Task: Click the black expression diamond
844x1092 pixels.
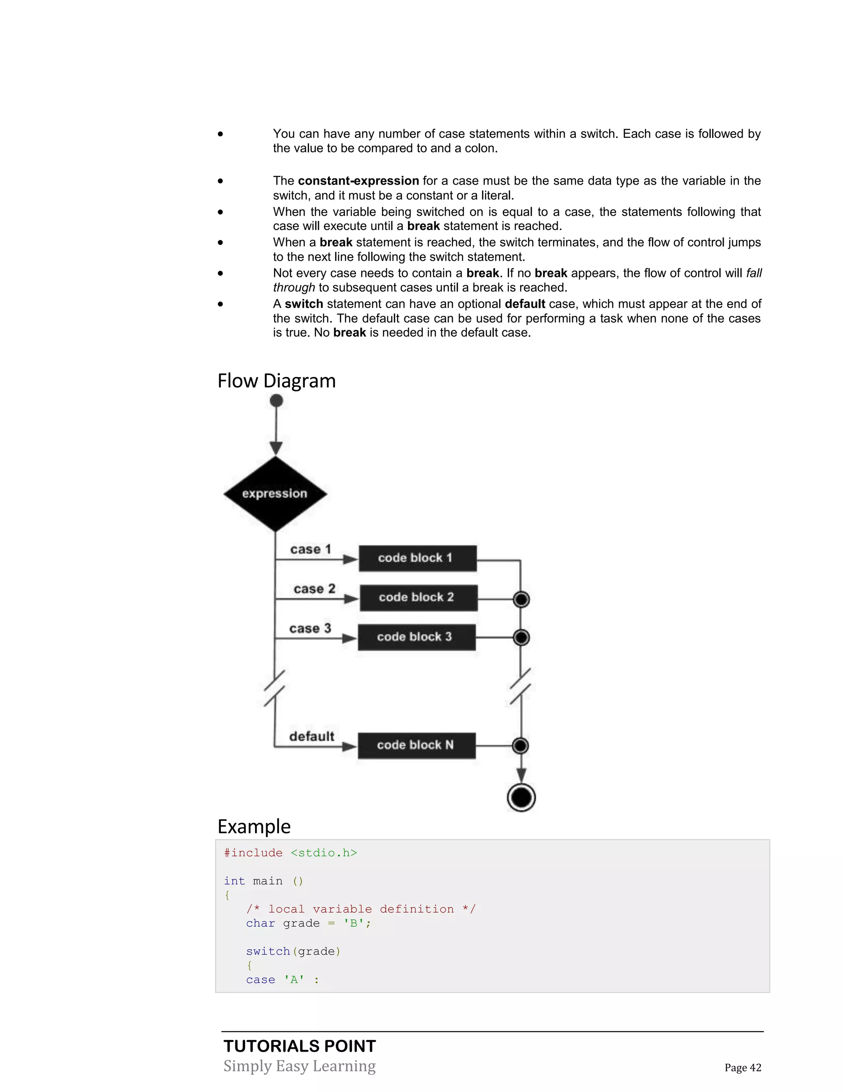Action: click(x=275, y=494)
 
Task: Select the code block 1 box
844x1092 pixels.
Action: click(x=417, y=558)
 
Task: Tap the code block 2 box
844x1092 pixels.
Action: click(x=418, y=598)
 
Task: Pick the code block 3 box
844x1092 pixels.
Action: click(x=416, y=637)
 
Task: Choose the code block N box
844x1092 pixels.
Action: click(x=416, y=745)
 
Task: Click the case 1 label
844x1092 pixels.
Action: click(x=310, y=549)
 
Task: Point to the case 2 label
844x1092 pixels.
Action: click(x=314, y=588)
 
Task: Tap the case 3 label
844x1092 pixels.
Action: click(x=310, y=628)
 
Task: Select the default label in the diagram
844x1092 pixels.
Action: click(x=312, y=736)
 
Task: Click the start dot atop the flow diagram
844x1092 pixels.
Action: click(x=276, y=401)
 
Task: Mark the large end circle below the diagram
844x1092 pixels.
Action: click(x=521, y=797)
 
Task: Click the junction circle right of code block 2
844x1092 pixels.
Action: click(x=521, y=599)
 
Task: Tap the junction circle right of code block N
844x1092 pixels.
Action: click(x=520, y=745)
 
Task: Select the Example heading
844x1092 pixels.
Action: click(x=254, y=827)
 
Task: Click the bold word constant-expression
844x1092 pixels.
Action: click(x=358, y=180)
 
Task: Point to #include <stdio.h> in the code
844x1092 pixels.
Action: click(x=291, y=853)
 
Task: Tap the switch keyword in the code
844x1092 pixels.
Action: click(x=268, y=951)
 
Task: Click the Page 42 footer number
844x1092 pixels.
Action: click(x=743, y=1068)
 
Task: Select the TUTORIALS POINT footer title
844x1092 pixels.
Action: click(x=300, y=1046)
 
